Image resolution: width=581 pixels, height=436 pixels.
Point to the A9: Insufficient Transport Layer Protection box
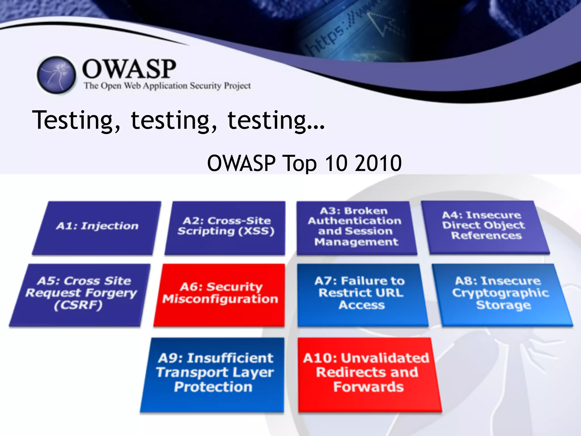[x=214, y=373]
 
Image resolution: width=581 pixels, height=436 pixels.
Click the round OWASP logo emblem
[x=56, y=75]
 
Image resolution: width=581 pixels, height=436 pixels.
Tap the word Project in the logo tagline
[x=237, y=86]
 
